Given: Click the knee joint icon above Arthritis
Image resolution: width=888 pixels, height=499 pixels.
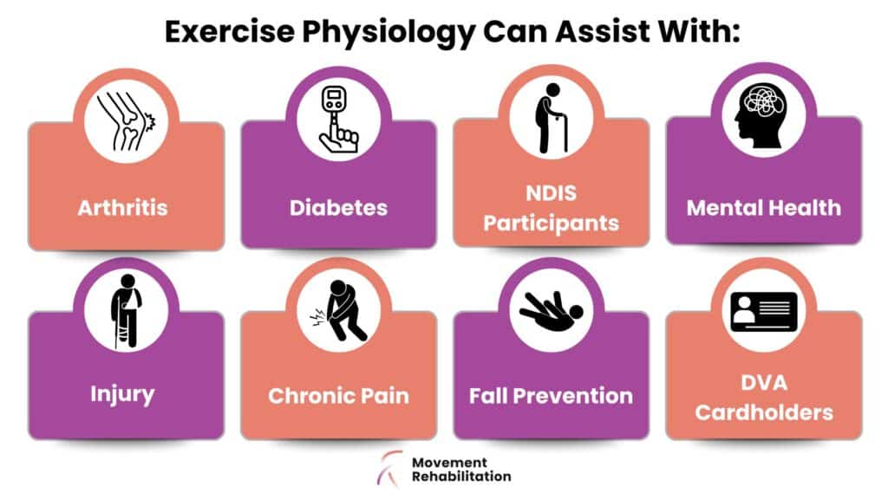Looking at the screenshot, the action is coord(126,121).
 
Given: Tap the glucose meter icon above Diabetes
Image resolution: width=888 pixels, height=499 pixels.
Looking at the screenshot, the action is coord(339,119).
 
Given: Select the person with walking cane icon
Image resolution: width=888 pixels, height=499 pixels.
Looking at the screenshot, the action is coord(551,118).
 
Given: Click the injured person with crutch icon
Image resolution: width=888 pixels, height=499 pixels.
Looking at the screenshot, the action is coord(127,311).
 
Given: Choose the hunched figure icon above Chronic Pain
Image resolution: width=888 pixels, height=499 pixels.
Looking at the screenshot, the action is coord(340,311).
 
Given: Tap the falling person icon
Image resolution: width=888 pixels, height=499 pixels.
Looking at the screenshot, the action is coord(551,311).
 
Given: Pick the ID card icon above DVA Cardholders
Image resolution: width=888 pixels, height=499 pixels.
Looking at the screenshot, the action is coord(763,311).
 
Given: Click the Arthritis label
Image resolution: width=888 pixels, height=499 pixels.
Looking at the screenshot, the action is coord(122,208).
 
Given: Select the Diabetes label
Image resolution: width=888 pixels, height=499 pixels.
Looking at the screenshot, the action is coord(339,208).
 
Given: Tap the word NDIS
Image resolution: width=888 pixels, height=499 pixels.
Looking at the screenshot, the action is coord(551,193).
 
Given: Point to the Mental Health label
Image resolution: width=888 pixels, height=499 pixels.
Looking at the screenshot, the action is coord(763,208).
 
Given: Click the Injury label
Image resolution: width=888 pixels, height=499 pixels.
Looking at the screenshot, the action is coord(122,394).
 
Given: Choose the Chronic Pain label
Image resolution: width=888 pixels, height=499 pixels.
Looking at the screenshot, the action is coord(339,395).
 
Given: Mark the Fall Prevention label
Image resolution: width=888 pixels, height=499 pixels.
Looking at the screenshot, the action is coord(551,395).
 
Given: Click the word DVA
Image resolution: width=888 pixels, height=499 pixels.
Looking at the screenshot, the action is coord(763,383).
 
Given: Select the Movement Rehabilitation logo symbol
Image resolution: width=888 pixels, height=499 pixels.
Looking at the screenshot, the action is coord(390,469).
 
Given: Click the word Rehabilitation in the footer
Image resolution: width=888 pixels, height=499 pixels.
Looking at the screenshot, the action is coord(461,476).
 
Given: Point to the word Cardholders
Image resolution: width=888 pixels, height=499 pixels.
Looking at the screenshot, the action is coord(763,412).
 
